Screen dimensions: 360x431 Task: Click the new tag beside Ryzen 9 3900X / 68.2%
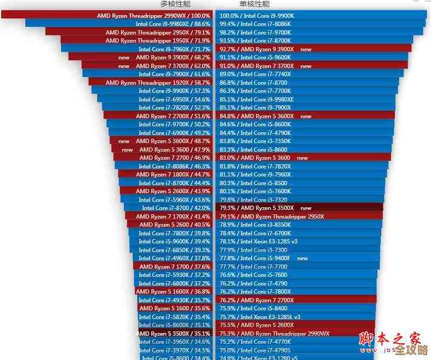click(x=124, y=57)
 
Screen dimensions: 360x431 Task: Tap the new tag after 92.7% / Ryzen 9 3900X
click(x=306, y=49)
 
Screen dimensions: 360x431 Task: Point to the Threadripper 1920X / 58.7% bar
click(x=151, y=83)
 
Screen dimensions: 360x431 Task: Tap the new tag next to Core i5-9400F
click(x=302, y=258)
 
